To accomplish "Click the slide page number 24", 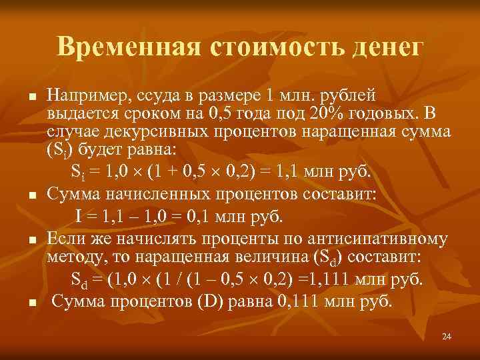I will pos(447,336).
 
